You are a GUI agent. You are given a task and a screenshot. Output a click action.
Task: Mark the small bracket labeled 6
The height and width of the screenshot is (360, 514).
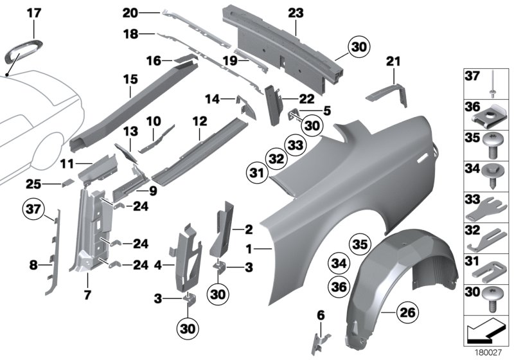point(321,334)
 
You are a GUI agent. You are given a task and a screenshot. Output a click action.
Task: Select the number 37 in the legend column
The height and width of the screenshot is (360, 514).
point(472,76)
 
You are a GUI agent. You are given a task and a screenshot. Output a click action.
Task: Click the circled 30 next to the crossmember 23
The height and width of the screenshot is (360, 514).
point(359,47)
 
